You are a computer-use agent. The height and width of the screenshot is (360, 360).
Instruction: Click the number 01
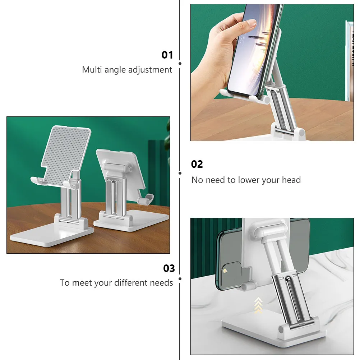(167, 55)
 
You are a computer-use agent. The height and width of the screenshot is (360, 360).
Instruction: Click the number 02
(197, 164)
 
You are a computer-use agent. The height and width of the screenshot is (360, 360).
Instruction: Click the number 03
(169, 268)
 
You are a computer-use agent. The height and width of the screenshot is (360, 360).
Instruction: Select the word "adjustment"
(150, 70)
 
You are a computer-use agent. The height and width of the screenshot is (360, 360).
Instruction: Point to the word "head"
(291, 180)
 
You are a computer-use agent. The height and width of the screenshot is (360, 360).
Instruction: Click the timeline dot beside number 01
(180, 64)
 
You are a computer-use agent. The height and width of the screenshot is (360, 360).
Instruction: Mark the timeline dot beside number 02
(180, 173)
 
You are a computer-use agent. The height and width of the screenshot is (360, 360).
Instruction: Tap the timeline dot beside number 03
(180, 279)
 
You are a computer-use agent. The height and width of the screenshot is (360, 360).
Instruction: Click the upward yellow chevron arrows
(258, 305)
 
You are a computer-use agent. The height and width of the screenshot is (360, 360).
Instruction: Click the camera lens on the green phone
(225, 271)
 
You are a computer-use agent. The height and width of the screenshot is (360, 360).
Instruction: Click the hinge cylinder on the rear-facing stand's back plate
(116, 167)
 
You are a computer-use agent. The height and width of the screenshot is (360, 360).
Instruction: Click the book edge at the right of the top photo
(350, 61)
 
